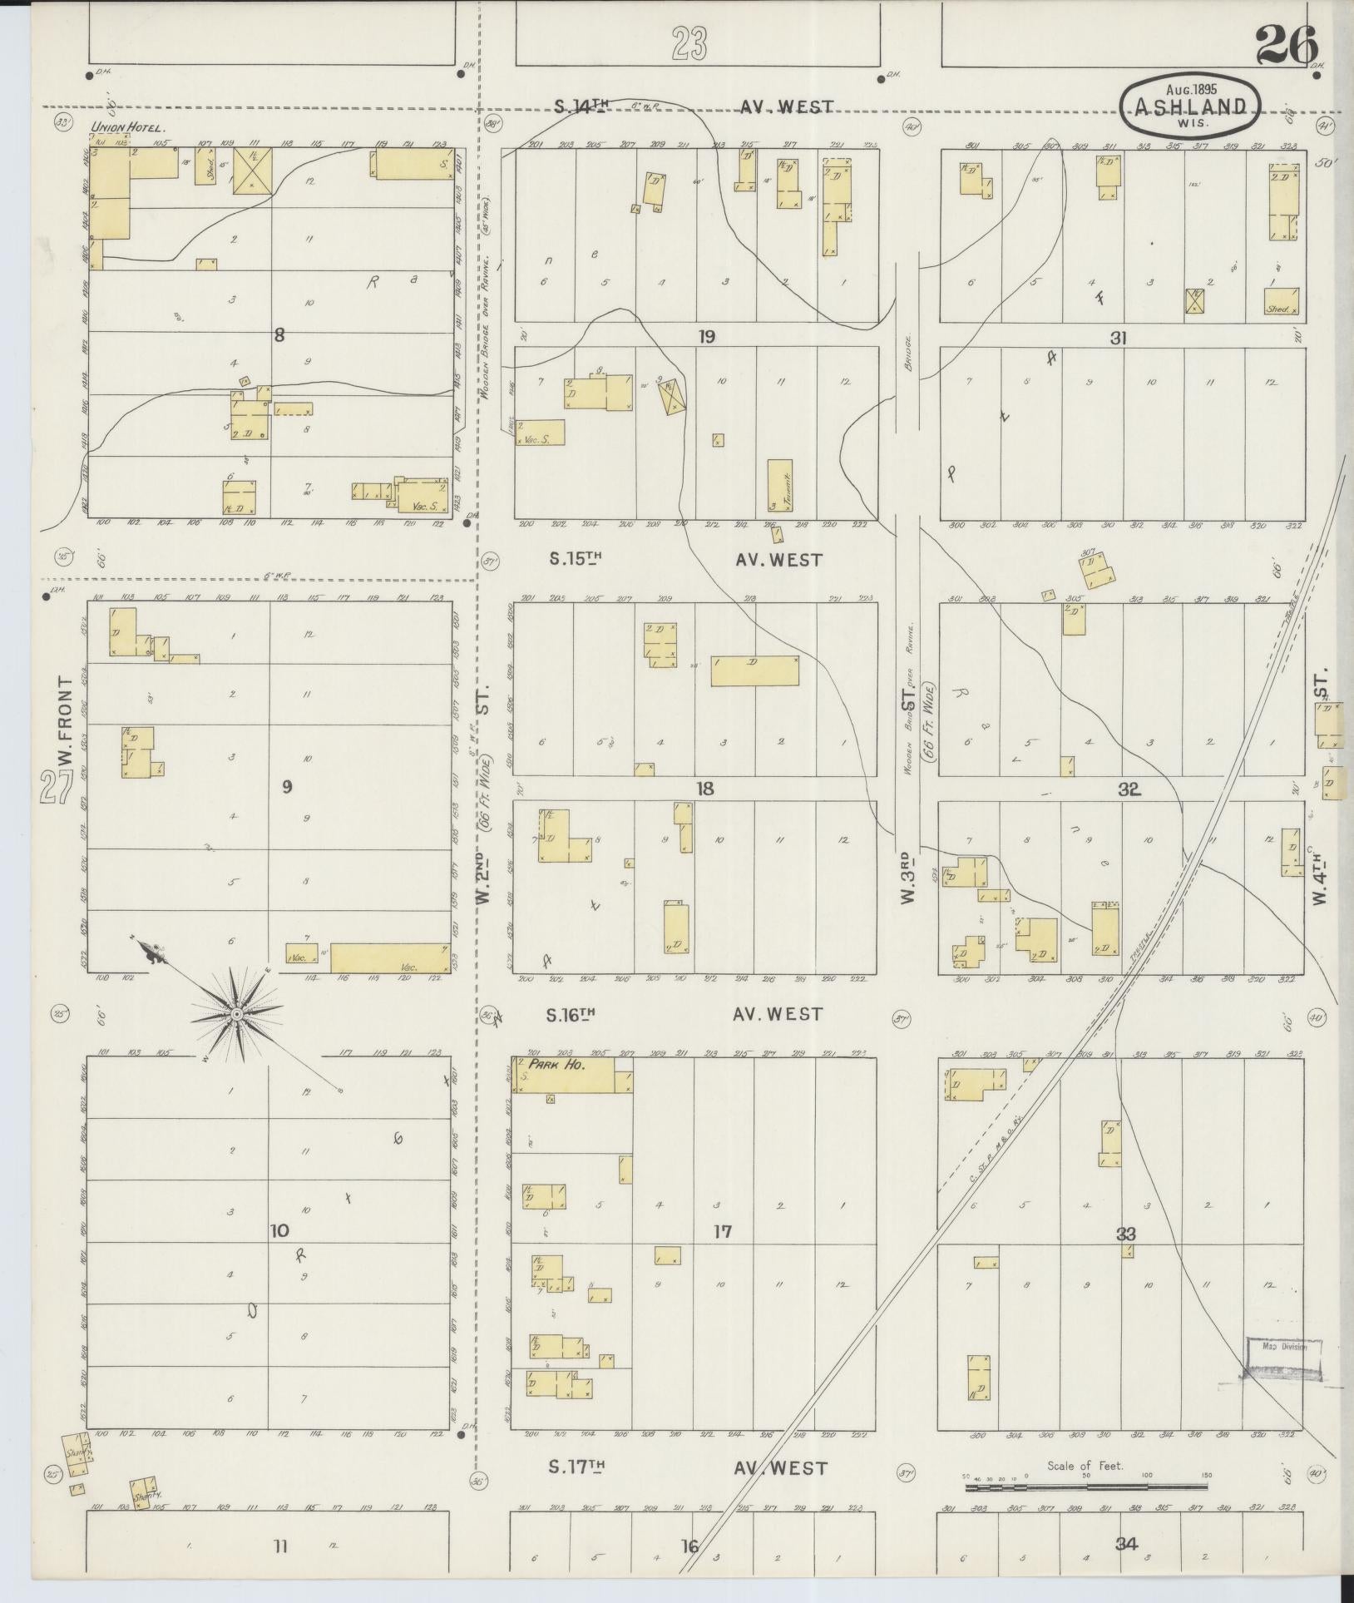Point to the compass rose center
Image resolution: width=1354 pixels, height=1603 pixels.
tap(237, 1015)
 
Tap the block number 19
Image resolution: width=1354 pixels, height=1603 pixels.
tap(706, 337)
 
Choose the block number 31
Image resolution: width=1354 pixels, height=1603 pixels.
tap(1117, 338)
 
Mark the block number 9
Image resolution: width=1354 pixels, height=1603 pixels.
tap(287, 786)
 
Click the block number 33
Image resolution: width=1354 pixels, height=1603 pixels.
tap(1126, 1234)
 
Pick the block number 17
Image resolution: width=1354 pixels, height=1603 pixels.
tap(723, 1230)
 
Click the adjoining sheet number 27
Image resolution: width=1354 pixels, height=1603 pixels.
tap(55, 786)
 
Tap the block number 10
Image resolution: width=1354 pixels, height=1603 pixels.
tap(279, 1229)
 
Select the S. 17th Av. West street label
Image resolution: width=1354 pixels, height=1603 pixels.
tap(687, 1468)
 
